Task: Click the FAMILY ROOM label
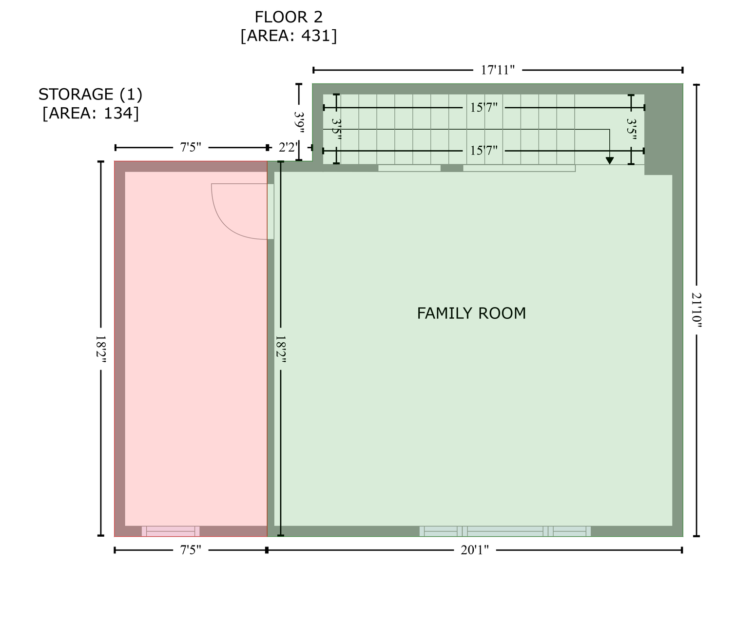click(471, 313)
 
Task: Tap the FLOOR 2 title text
click(289, 17)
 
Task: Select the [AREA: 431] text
click(289, 36)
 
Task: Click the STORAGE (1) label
click(90, 95)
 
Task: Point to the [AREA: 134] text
click(90, 113)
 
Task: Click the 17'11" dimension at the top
click(498, 70)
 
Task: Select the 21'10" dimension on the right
click(697, 310)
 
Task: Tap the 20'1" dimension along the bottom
click(475, 550)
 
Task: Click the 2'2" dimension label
click(289, 148)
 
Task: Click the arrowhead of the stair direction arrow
click(610, 160)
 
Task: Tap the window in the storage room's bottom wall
click(170, 531)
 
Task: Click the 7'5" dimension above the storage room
click(191, 148)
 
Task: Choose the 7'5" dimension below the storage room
click(191, 550)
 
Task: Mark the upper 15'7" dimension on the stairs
click(484, 108)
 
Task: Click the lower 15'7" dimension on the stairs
click(484, 151)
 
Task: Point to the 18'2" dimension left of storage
click(100, 349)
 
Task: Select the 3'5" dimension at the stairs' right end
click(631, 129)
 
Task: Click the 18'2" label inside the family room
click(281, 349)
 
